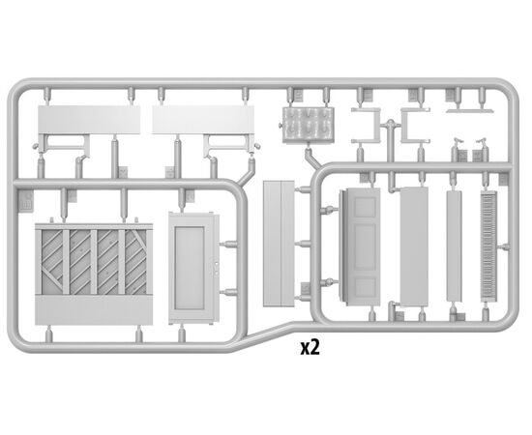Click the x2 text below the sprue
tap(310, 348)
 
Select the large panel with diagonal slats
tap(94, 274)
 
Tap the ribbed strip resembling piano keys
tap(488, 246)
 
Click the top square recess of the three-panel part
tap(365, 206)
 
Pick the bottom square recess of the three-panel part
tap(365, 286)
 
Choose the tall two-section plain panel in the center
tap(279, 244)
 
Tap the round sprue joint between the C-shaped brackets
tap(391, 124)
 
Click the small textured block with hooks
tap(308, 125)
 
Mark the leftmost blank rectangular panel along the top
tap(89, 120)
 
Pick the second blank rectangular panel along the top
tap(203, 120)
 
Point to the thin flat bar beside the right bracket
tap(470, 110)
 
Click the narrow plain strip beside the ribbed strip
tap(454, 246)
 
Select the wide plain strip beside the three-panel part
tap(414, 246)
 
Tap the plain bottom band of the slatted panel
tap(94, 310)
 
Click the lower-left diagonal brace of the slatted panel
tap(52, 278)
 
